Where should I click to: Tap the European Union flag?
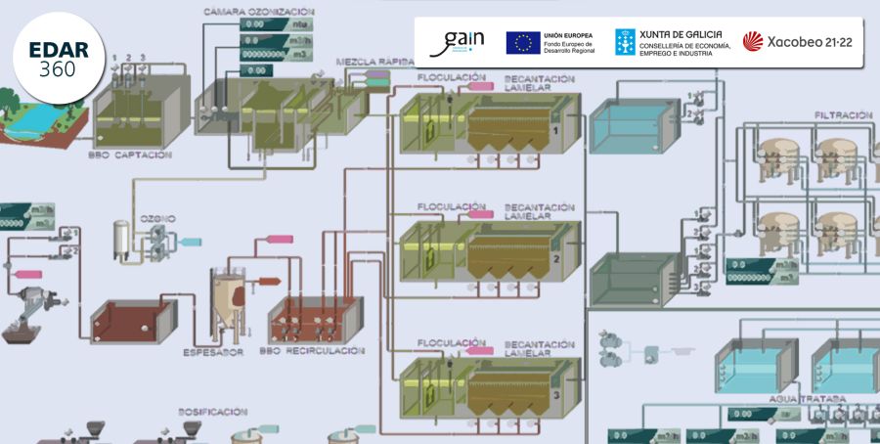point(523,42)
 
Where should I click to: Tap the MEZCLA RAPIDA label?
point(373,62)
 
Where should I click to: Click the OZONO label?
point(157,218)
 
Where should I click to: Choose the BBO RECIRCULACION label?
point(312,350)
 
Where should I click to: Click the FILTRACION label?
point(841,115)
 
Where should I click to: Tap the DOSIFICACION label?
point(212,412)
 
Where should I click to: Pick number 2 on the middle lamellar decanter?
point(555,259)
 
